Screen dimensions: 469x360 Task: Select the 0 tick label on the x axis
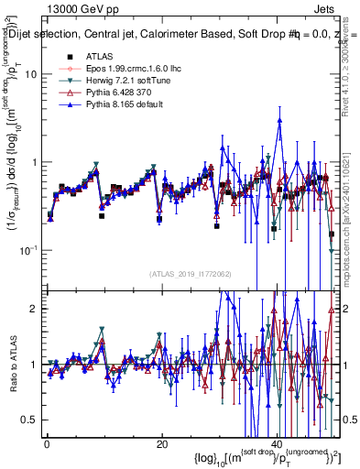(x=47, y=443)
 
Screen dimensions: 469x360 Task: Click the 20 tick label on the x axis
(x=162, y=443)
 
